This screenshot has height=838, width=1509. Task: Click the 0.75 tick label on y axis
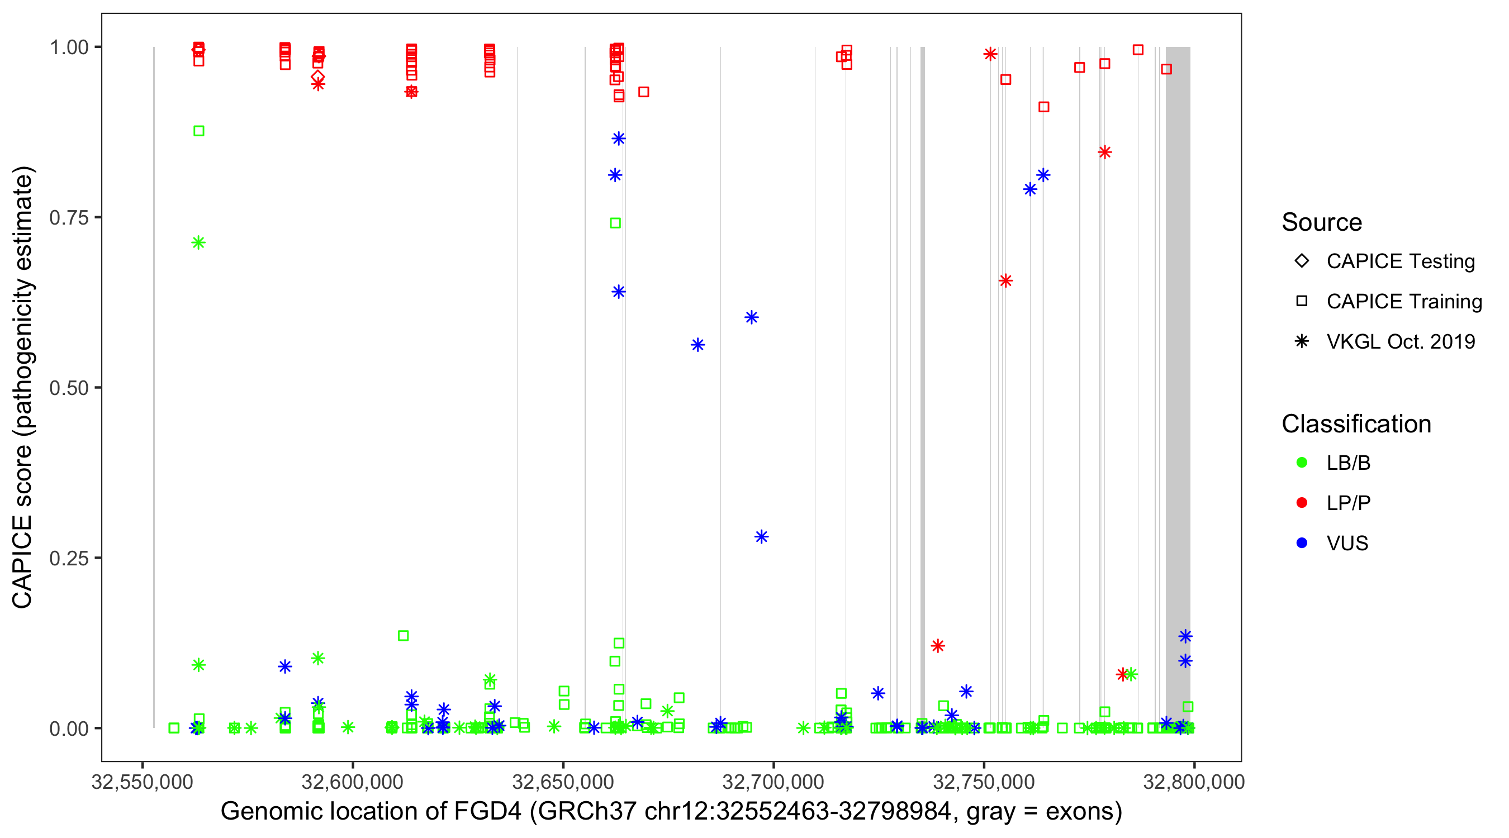[x=68, y=218]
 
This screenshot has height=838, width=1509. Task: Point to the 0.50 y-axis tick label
[x=68, y=388]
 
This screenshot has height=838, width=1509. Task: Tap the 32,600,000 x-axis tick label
[x=352, y=782]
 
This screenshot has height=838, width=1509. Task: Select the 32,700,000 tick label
[x=774, y=782]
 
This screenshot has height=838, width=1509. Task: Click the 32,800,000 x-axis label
[x=1194, y=782]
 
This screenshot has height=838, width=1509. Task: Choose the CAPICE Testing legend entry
[x=1400, y=261]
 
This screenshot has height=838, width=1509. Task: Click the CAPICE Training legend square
[x=1302, y=301]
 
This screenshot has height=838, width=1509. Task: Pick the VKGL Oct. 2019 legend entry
[x=1400, y=341]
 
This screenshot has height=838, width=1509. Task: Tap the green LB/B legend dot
[x=1302, y=463]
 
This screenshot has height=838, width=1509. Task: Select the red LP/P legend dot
[x=1302, y=503]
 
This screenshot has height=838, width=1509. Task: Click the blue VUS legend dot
[x=1302, y=543]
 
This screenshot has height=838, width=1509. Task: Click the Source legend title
[x=1322, y=222]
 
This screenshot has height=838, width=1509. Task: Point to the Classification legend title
[x=1356, y=424]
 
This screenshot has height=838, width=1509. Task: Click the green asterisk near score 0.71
[x=198, y=242]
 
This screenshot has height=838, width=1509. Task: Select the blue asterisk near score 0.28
[x=761, y=536]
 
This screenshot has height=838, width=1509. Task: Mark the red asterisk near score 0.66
[x=1005, y=280]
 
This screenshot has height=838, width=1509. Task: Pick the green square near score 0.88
[x=198, y=131]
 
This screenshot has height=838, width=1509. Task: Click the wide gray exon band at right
[x=1178, y=351]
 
